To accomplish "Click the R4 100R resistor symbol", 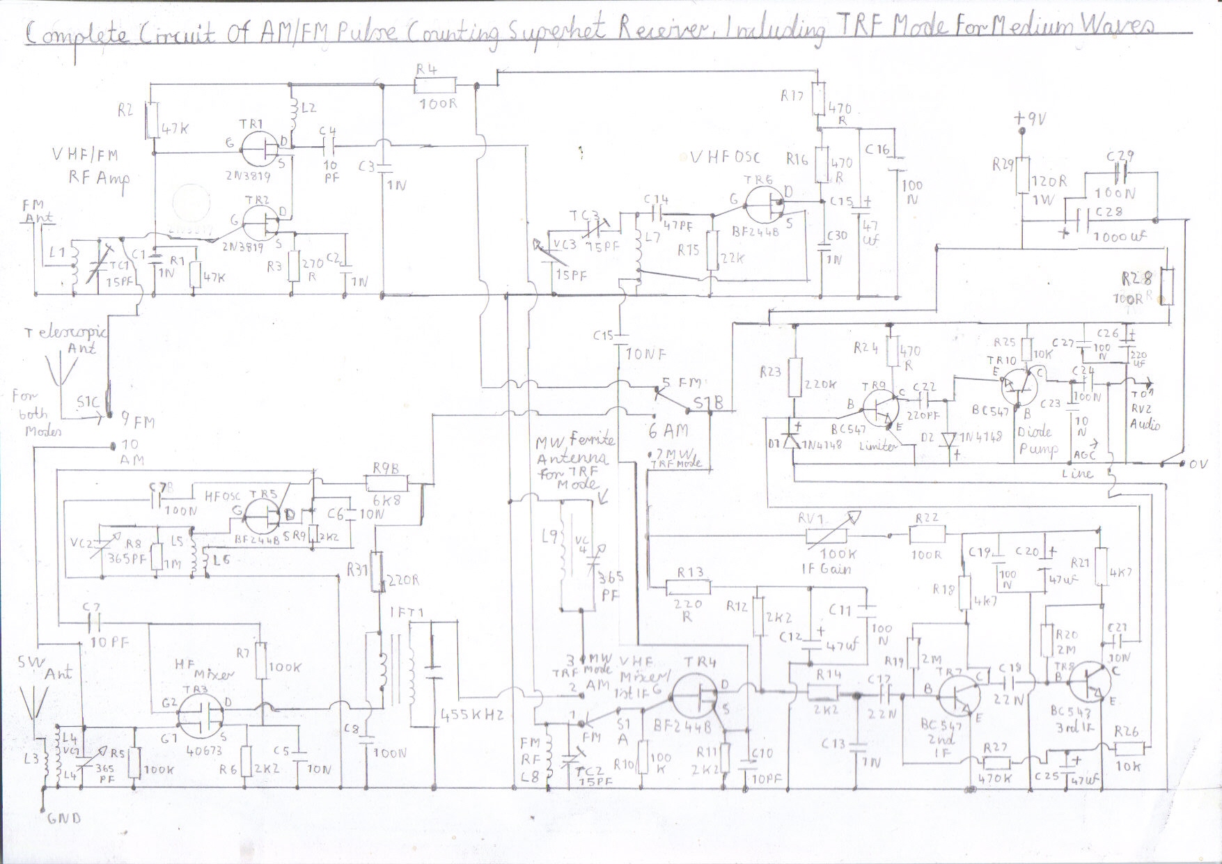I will coord(435,86).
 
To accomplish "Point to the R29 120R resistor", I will coord(1021,175).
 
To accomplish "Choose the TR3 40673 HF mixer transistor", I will coord(201,715).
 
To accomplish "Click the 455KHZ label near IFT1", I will coord(471,714).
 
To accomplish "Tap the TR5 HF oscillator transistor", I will coord(263,516).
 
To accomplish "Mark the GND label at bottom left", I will coord(64,819).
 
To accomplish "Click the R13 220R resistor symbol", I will coord(687,588).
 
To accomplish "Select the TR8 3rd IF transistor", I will coord(1088,683).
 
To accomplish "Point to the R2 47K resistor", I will coord(152,119).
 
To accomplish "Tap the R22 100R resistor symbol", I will coord(927,535).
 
